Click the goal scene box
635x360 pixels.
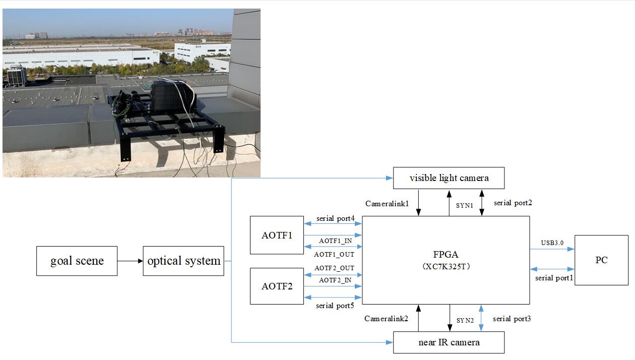tap(77, 261)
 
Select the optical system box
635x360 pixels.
tap(183, 261)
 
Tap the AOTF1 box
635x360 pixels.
tap(277, 235)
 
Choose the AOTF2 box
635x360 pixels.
tap(277, 286)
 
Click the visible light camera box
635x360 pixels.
tap(449, 178)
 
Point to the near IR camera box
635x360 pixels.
tap(449, 342)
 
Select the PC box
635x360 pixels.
tap(601, 260)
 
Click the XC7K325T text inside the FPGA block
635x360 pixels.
tap(446, 267)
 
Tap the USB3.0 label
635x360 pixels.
tap(552, 243)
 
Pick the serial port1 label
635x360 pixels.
tap(554, 278)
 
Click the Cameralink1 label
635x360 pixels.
tap(387, 203)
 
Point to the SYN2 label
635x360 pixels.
tap(465, 321)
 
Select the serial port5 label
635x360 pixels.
tap(335, 306)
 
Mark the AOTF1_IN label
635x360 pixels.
tap(335, 241)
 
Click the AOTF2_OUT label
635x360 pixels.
tap(334, 268)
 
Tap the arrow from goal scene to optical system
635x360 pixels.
tap(130, 261)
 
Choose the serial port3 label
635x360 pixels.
tap(512, 319)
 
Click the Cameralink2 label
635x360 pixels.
tap(386, 319)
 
